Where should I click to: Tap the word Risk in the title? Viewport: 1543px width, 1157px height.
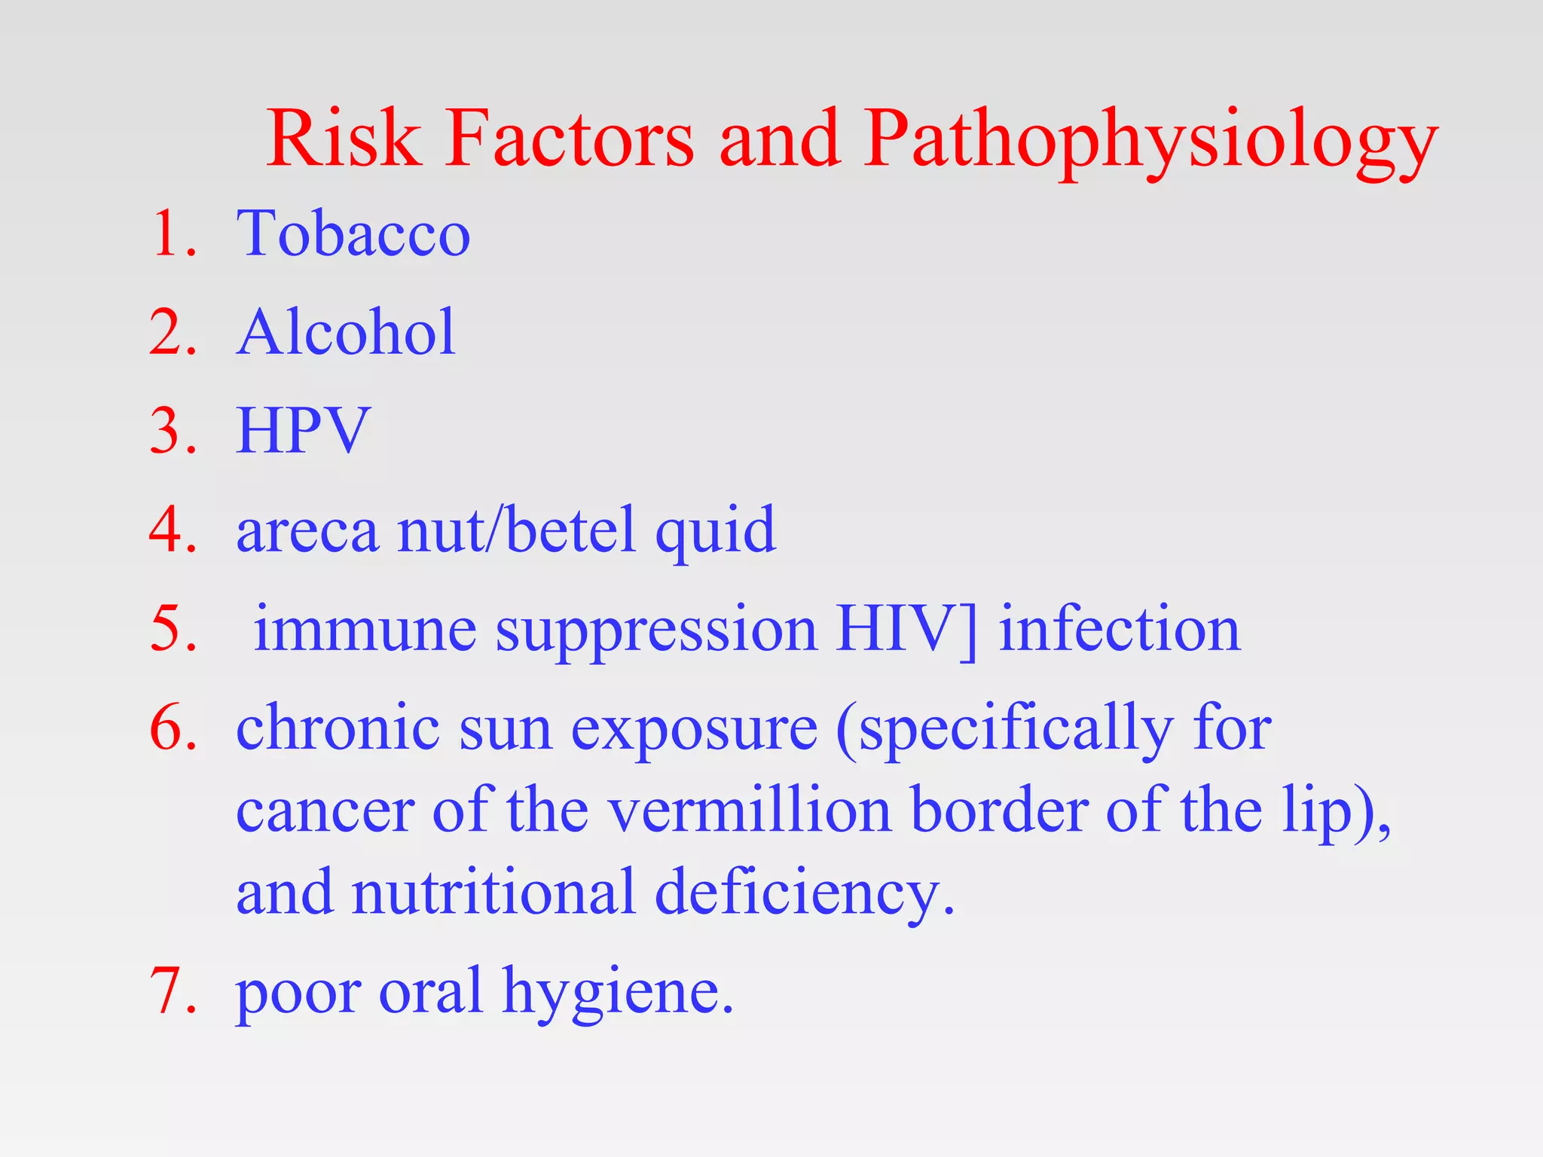click(344, 139)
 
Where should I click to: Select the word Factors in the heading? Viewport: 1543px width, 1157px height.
click(569, 139)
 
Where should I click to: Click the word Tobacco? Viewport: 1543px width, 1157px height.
click(353, 234)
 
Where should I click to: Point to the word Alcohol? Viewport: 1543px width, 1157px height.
click(346, 332)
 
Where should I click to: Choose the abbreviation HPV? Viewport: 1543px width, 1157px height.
click(303, 431)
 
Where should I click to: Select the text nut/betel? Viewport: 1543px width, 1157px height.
click(516, 530)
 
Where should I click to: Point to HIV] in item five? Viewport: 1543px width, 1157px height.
click(906, 630)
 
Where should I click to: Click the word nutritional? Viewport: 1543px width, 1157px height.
click(493, 893)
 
